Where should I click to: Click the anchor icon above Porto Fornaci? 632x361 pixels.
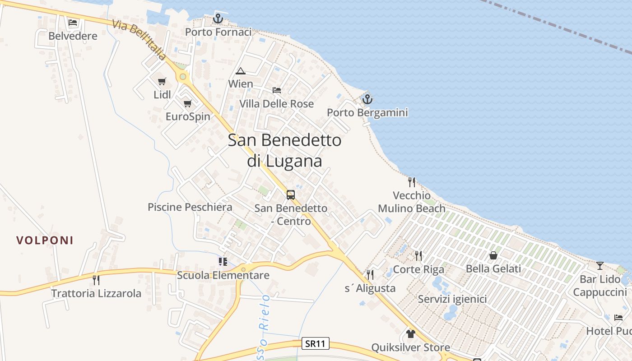click(218, 19)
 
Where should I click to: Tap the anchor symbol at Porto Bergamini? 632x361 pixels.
click(367, 99)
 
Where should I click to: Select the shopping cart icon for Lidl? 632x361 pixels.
click(162, 82)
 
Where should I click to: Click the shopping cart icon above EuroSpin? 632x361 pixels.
click(187, 103)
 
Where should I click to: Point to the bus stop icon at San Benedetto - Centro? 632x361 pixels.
click(291, 195)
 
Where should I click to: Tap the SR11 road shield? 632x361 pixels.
click(315, 344)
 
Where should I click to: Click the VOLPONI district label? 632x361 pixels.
click(45, 240)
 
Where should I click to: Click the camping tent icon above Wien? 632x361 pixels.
click(241, 71)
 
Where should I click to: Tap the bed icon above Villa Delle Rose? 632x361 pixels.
click(277, 90)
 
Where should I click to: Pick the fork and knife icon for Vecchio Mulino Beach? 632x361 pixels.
click(411, 182)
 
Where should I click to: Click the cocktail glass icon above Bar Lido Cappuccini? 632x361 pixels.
click(600, 266)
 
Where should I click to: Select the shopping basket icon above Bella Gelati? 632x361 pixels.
click(493, 255)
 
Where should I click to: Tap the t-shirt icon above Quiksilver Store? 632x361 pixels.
click(410, 334)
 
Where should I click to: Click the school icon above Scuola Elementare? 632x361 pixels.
click(223, 262)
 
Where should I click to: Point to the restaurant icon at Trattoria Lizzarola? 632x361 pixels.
click(96, 280)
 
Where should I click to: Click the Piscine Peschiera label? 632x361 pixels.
click(190, 207)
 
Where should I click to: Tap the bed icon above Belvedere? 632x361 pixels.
click(73, 23)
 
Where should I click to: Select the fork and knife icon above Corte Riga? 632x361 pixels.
click(418, 256)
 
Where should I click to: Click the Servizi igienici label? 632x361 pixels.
click(452, 299)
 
